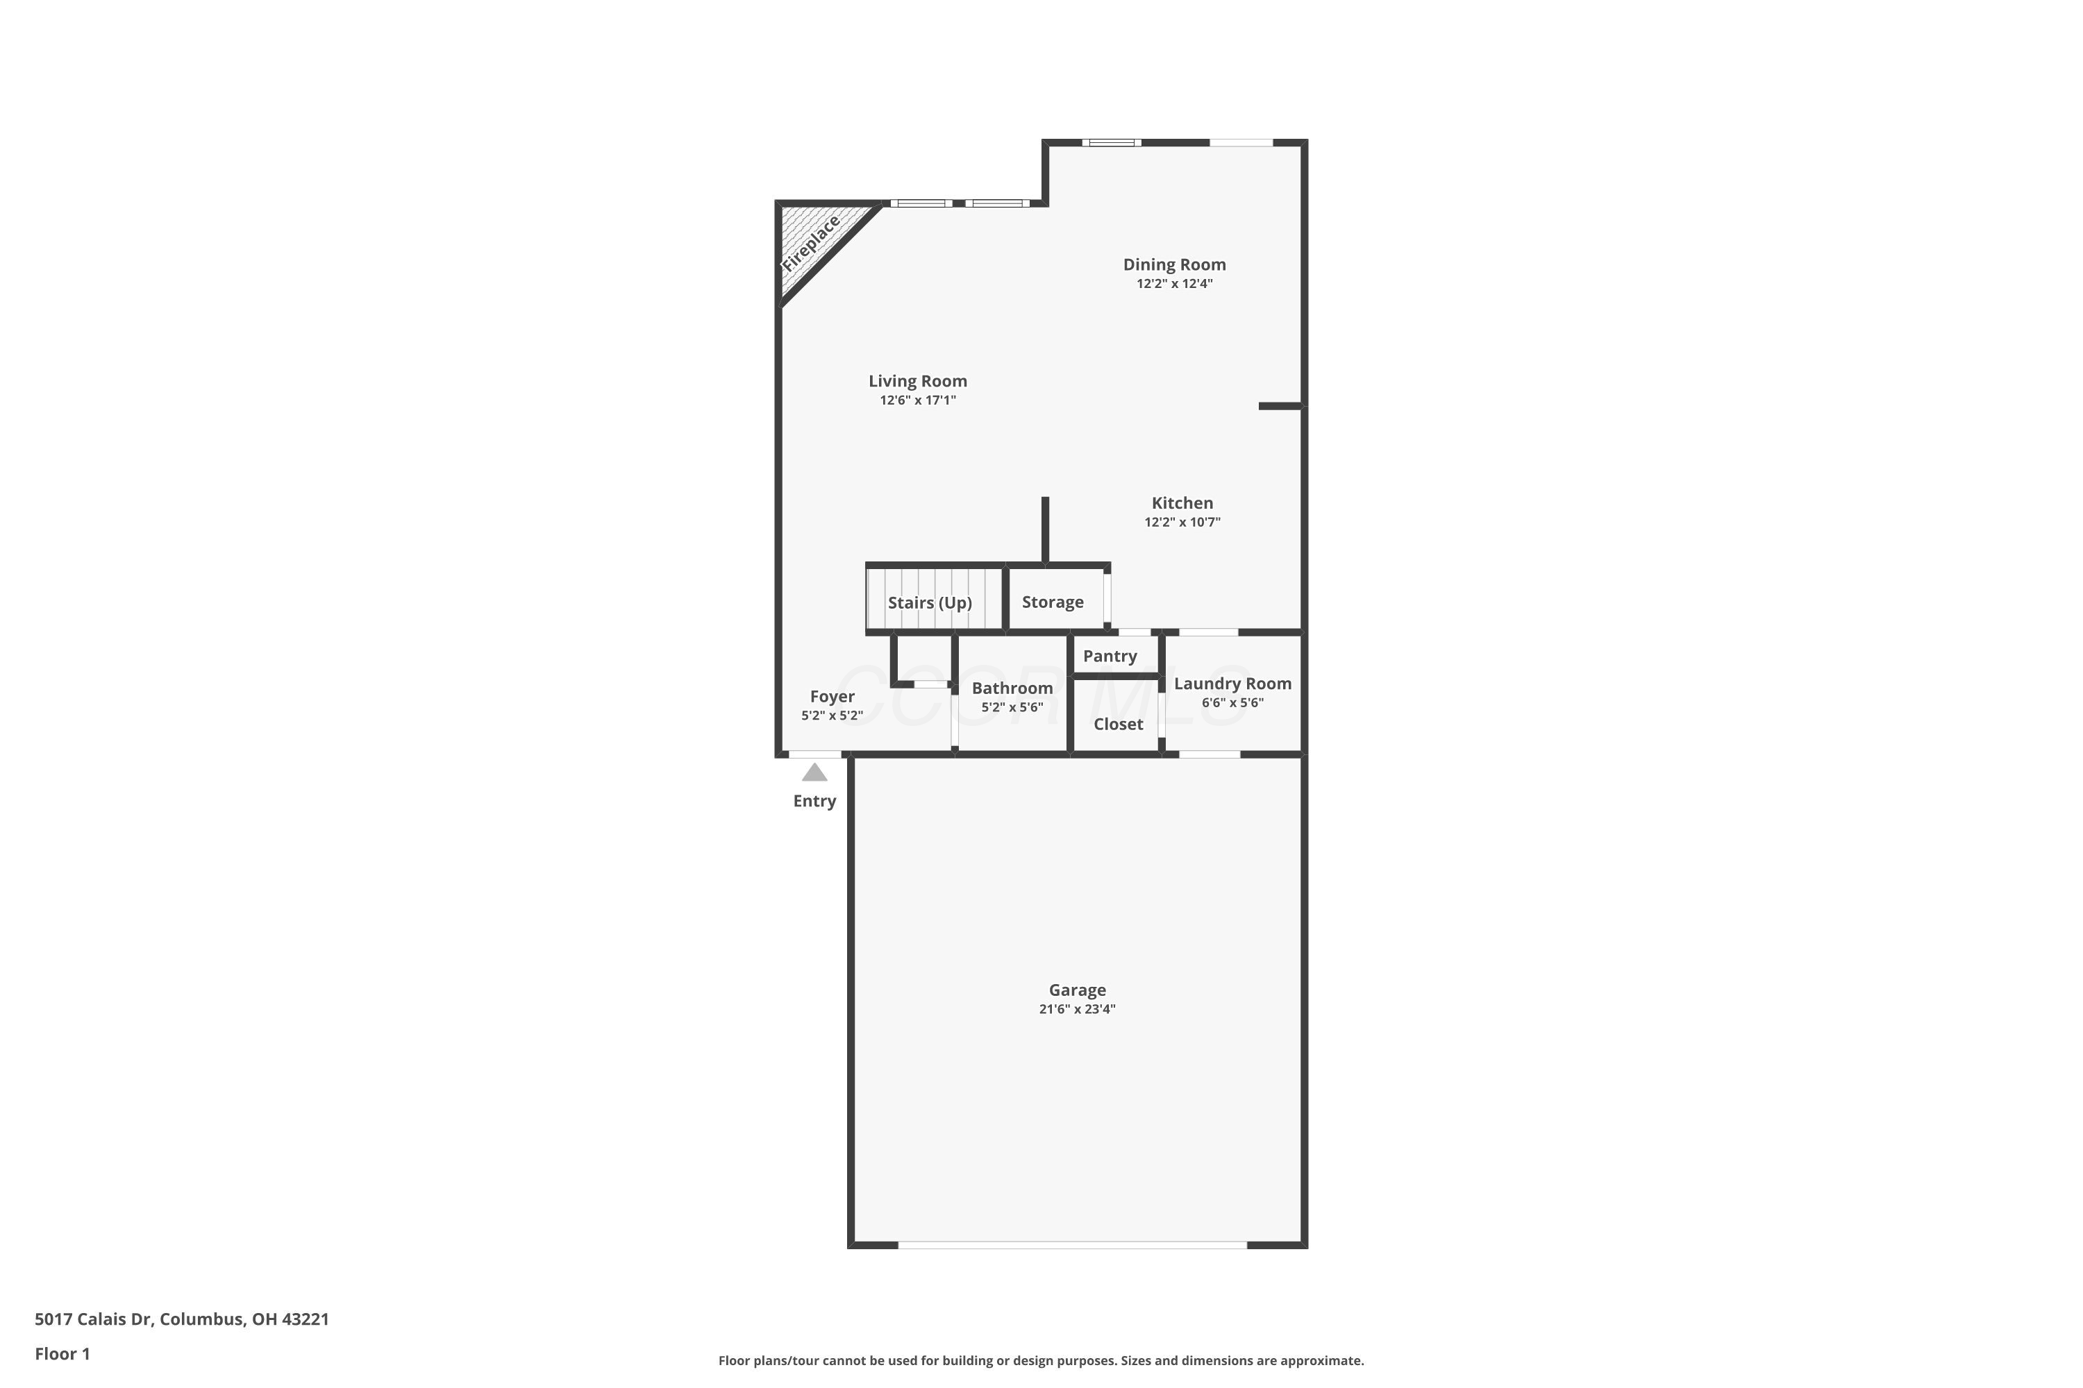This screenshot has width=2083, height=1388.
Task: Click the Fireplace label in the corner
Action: click(810, 244)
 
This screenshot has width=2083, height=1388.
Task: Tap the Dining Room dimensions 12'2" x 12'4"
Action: click(1174, 284)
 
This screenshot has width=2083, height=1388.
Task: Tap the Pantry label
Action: click(1110, 657)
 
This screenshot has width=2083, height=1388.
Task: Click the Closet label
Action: click(1119, 724)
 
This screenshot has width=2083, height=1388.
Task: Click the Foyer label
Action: click(833, 697)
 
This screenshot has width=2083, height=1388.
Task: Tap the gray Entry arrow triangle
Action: click(814, 773)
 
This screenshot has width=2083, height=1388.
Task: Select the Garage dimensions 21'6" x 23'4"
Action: click(1077, 1009)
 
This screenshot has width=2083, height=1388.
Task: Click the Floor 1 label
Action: click(62, 1353)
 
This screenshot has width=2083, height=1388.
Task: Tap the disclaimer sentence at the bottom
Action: click(1041, 1360)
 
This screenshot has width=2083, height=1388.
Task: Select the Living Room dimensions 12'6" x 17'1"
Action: click(917, 401)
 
